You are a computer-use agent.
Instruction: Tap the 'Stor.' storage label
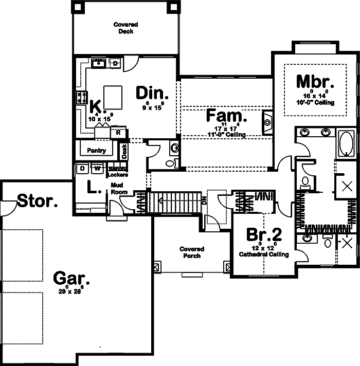tap(38, 201)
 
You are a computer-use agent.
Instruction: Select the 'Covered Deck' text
tap(125, 28)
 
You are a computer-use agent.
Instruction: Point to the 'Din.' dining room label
tap(152, 93)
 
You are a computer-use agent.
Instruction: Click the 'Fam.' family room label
tap(227, 116)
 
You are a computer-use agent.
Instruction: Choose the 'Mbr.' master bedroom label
tap(315, 82)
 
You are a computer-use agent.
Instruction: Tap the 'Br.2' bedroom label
tap(264, 234)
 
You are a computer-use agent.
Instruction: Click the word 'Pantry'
tap(97, 151)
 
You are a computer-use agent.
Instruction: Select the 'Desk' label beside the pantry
tap(124, 150)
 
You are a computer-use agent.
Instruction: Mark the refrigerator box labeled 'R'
tap(118, 133)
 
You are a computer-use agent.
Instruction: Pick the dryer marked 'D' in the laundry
tap(82, 168)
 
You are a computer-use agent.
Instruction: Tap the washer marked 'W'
tap(97, 168)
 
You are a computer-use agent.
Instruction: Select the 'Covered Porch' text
tap(191, 252)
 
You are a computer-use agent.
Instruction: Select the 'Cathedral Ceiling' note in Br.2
tap(264, 254)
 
